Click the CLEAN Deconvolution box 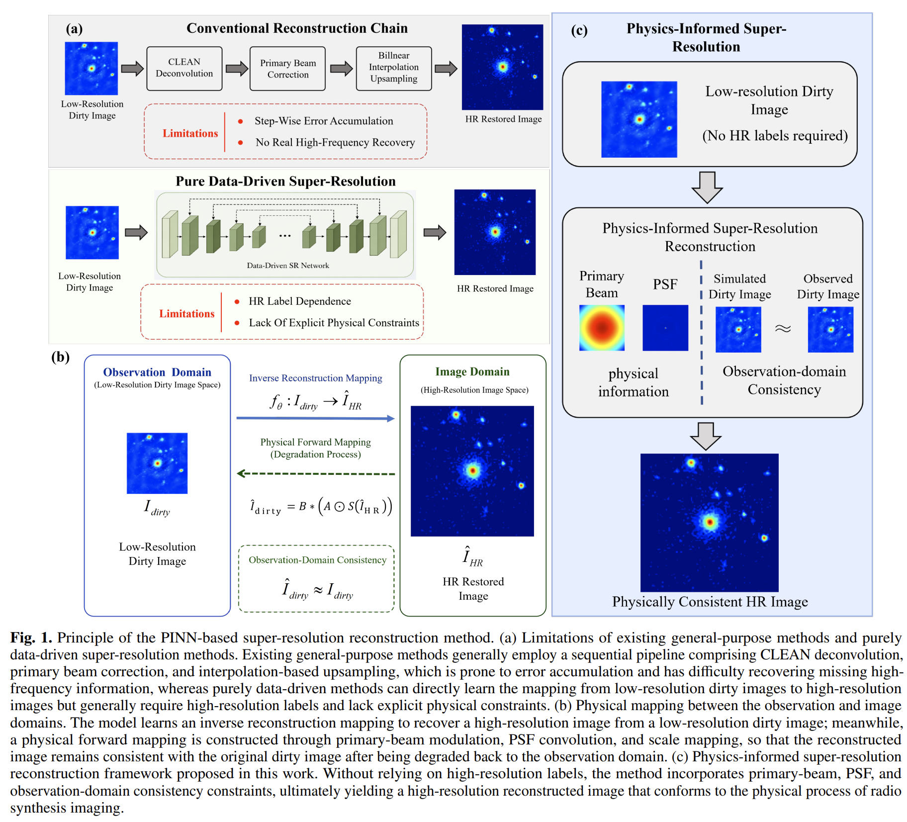[x=184, y=68]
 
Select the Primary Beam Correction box [x=287, y=68]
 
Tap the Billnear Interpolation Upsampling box [x=394, y=68]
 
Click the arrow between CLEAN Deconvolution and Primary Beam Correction [x=237, y=68]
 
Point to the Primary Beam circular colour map [x=602, y=328]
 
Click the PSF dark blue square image [x=665, y=328]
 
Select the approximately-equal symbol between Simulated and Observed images [x=783, y=329]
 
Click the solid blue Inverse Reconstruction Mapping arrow [x=315, y=418]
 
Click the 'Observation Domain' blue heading [x=157, y=372]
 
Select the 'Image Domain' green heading [x=472, y=371]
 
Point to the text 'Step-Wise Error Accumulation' [x=324, y=121]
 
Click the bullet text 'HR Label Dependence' [x=300, y=301]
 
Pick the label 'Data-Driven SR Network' [x=288, y=266]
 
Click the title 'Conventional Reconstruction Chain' [x=297, y=28]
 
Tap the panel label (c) [x=579, y=30]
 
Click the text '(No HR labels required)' [x=775, y=135]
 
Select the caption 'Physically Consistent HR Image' [x=710, y=602]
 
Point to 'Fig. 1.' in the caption [x=31, y=638]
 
